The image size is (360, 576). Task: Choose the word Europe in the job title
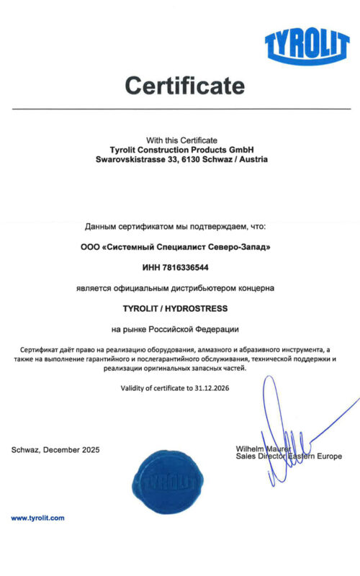click(x=328, y=456)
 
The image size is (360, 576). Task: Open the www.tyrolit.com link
click(x=37, y=518)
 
